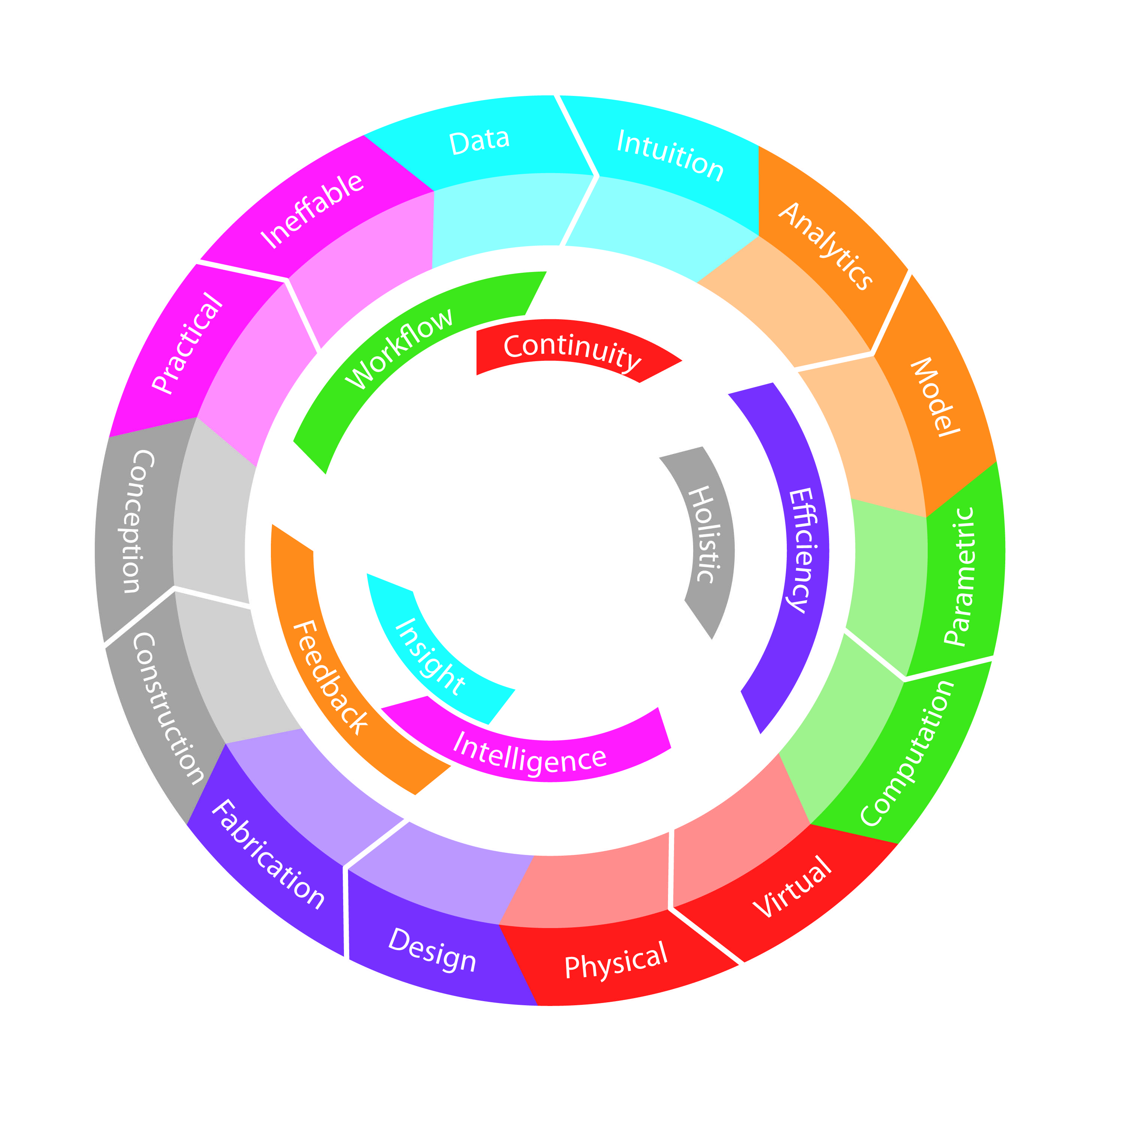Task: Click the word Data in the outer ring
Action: [x=480, y=141]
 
